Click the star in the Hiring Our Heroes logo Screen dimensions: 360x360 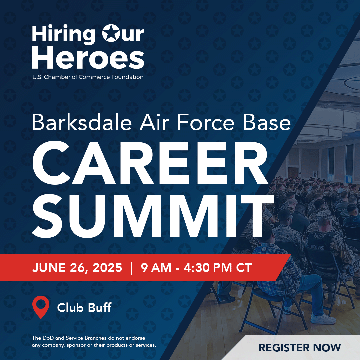[111, 33]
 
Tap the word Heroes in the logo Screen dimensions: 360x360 [88, 57]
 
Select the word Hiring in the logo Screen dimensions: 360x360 [64, 34]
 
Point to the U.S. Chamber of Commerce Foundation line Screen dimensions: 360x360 [88, 77]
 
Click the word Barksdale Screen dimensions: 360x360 [82, 122]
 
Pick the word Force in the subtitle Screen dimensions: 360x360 [206, 122]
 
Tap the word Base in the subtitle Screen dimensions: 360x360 [267, 122]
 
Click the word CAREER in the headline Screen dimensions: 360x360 [150, 162]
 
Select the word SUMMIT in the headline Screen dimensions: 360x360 [153, 216]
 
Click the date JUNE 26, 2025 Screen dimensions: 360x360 [77, 268]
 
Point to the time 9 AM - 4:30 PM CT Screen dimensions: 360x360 [197, 268]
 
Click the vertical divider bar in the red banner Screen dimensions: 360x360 [131, 268]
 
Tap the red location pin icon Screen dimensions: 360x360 [41, 307]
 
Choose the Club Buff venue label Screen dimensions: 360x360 [84, 308]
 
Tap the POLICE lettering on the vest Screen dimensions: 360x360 [318, 247]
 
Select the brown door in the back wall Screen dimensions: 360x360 [293, 173]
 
